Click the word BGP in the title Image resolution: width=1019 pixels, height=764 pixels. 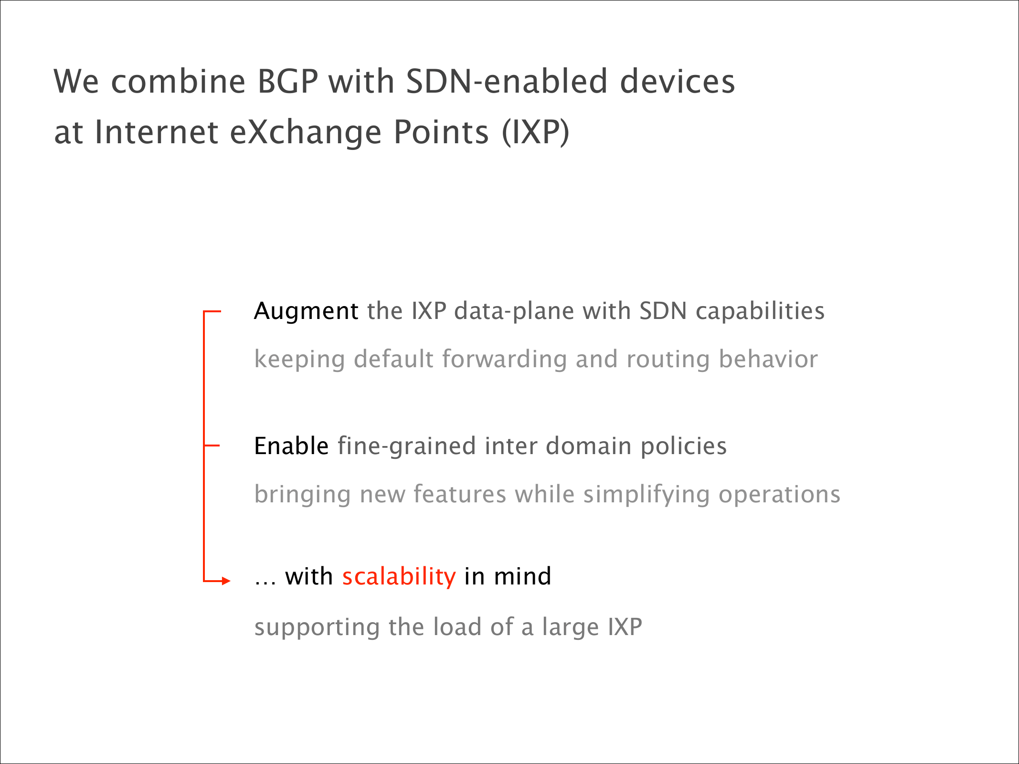pyautogui.click(x=287, y=81)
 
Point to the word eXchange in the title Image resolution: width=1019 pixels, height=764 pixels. pyautogui.click(x=306, y=132)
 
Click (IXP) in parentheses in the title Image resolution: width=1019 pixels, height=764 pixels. pyautogui.click(x=535, y=132)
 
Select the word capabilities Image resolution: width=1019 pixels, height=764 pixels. pyautogui.click(x=760, y=312)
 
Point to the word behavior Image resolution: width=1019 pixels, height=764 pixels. pyautogui.click(x=768, y=359)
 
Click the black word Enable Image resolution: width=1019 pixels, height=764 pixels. pyautogui.click(x=291, y=446)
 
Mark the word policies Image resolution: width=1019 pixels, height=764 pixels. pyautogui.click(x=683, y=447)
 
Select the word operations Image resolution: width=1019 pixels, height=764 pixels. pyautogui.click(x=779, y=495)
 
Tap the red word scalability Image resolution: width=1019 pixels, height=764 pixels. pyautogui.click(x=399, y=577)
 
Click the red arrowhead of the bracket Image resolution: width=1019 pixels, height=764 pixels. pyautogui.click(x=226, y=581)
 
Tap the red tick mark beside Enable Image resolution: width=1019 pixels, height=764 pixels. pyautogui.click(x=212, y=446)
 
